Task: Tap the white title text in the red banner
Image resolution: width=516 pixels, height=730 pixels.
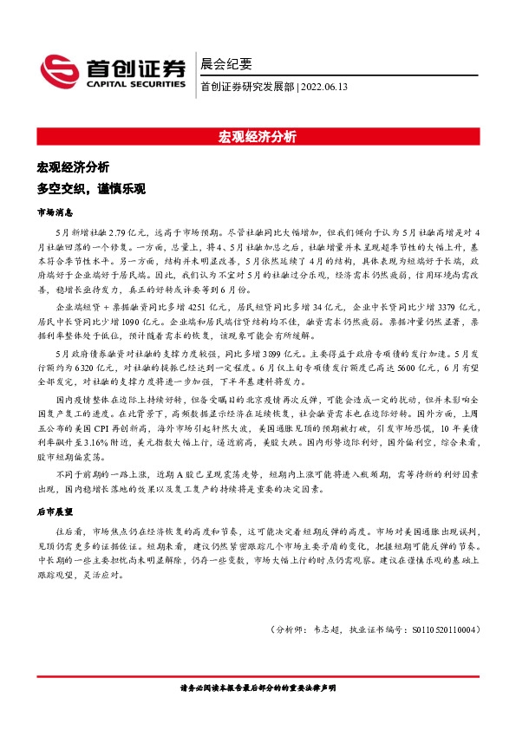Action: click(x=258, y=136)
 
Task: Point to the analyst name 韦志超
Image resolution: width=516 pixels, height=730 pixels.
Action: click(x=325, y=630)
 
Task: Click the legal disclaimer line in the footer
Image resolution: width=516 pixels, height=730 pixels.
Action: click(x=258, y=688)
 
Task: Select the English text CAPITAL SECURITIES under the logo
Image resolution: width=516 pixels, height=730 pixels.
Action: click(x=134, y=85)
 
